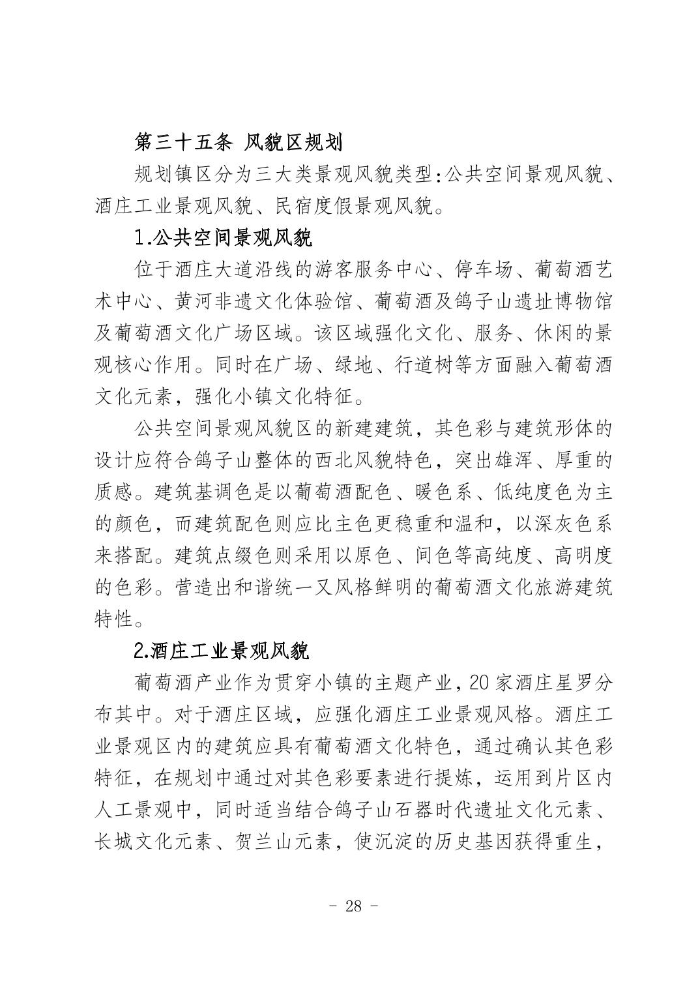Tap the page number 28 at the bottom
(x=353, y=906)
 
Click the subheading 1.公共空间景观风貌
(x=223, y=237)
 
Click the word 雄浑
(x=521, y=461)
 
